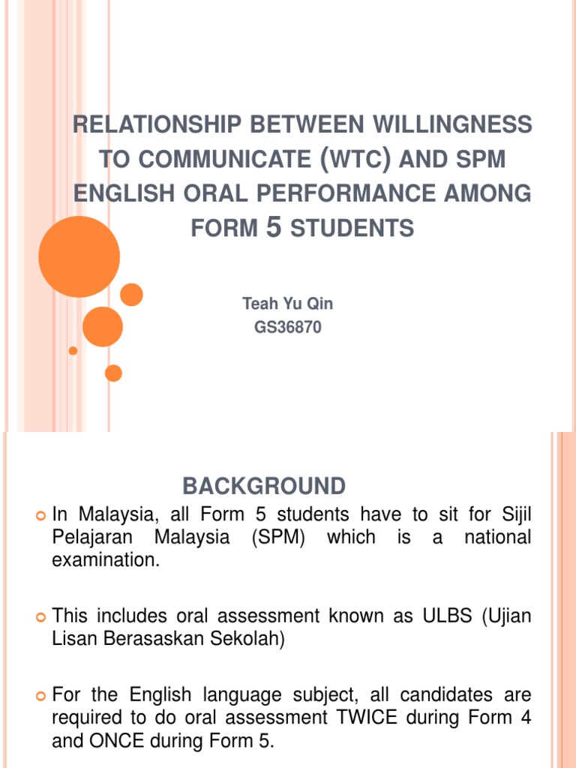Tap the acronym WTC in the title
point(347,159)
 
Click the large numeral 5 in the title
point(274,226)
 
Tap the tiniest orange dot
point(73,350)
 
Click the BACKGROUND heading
point(264,486)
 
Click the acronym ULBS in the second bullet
point(427,616)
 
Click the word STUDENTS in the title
point(352,228)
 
